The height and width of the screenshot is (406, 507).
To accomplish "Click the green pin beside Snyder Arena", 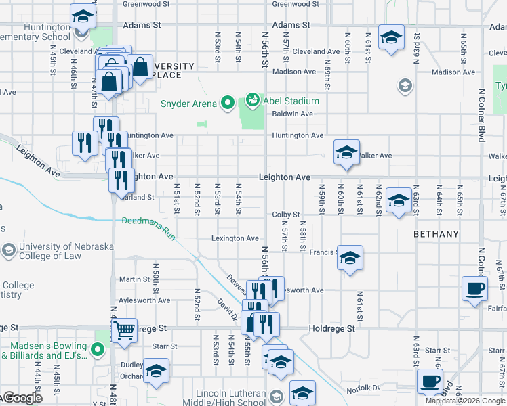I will (227, 104).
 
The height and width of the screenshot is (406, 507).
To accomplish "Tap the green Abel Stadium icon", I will (253, 101).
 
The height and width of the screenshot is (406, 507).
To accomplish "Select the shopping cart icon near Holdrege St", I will (124, 331).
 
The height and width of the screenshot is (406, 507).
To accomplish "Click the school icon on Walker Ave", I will (346, 152).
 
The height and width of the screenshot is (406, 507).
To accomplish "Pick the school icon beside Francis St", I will (350, 258).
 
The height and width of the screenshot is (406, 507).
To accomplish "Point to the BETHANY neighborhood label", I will (436, 234).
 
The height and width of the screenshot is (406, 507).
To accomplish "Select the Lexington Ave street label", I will (235, 238).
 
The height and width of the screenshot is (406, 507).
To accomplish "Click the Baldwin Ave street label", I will (292, 114).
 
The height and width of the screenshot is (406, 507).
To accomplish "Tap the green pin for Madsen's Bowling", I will (98, 349).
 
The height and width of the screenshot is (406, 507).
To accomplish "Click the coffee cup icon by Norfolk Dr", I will (430, 381).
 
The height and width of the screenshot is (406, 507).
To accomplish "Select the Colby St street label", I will (285, 215).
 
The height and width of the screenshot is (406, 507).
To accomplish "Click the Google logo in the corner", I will (22, 398).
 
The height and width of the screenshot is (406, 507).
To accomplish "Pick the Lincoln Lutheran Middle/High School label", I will (230, 398).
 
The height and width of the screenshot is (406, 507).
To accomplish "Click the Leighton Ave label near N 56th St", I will (284, 177).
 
